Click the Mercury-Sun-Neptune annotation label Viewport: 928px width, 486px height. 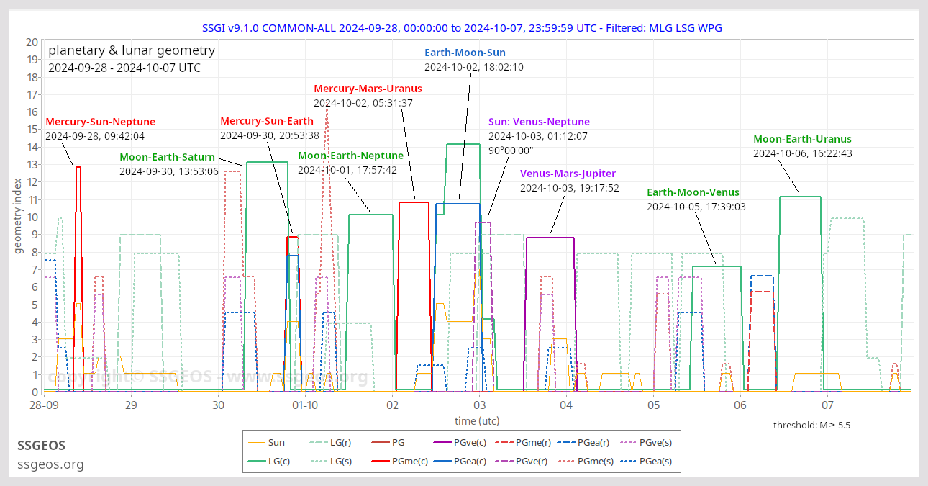[100, 122]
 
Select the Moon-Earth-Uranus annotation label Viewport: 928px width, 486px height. [802, 139]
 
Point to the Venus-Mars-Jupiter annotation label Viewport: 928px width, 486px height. [568, 174]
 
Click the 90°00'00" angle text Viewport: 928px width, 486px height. [510, 150]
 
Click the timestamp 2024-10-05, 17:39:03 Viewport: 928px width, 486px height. [696, 207]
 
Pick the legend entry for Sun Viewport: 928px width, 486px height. [276, 443]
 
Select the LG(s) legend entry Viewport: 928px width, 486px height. [340, 462]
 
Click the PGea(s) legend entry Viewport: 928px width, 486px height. [655, 462]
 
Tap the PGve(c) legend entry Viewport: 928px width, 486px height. [474, 443]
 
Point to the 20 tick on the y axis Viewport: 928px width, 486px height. [32, 42]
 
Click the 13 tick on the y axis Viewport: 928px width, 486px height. [32, 164]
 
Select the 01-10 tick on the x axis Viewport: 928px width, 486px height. [306, 405]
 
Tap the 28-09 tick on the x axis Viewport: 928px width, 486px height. [44, 405]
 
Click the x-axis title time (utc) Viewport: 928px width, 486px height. [476, 420]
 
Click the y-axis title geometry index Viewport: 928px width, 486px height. [18, 216]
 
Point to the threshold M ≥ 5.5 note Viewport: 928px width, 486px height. [811, 426]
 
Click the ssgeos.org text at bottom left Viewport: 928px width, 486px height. [50, 464]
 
